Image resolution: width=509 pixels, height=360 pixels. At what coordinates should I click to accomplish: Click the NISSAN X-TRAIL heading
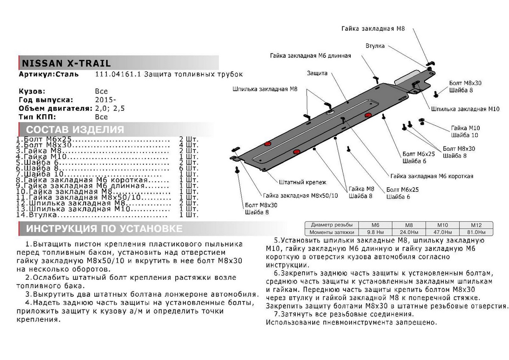[x=66, y=63]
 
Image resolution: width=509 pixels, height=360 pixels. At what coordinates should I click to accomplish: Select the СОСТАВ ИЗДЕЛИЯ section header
[x=75, y=129]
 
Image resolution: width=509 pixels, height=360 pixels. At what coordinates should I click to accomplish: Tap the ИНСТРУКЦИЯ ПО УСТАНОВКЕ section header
[x=104, y=229]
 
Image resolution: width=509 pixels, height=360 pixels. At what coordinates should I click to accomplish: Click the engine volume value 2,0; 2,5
[x=111, y=108]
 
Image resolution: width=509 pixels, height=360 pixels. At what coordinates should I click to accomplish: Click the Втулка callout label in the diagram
[x=375, y=45]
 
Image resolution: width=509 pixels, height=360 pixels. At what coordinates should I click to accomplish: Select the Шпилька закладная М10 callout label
[x=464, y=109]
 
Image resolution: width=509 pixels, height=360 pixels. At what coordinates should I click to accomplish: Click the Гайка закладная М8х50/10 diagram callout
[x=300, y=196]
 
